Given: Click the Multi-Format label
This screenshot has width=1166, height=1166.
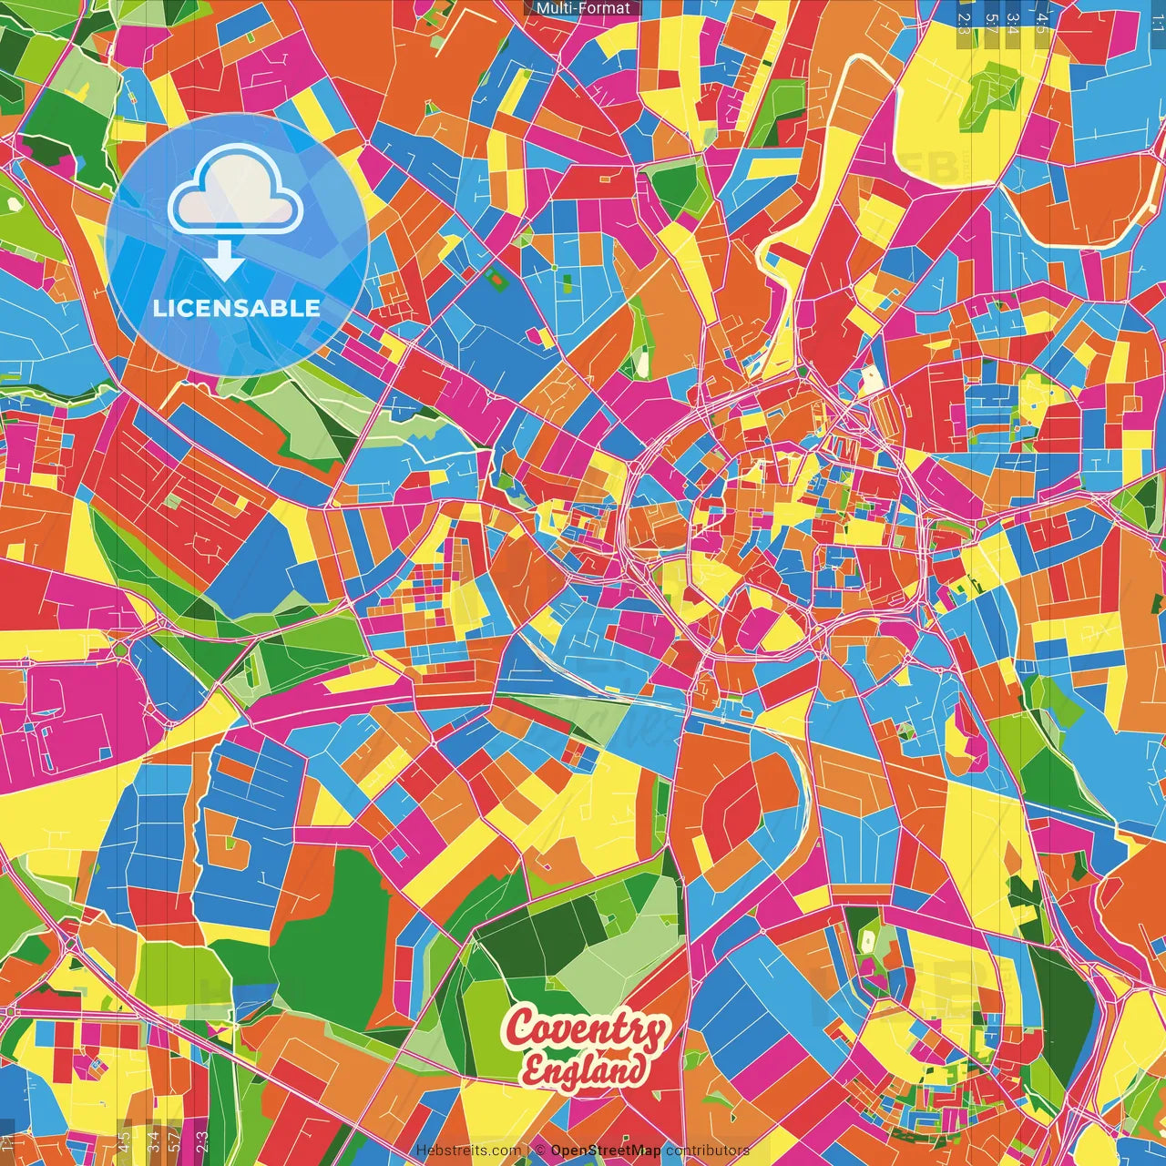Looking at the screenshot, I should [583, 8].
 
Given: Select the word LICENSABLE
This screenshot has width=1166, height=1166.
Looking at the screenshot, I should [237, 308].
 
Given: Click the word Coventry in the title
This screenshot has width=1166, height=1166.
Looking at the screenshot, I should [587, 1028].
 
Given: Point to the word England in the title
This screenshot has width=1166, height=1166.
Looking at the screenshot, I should [585, 1070].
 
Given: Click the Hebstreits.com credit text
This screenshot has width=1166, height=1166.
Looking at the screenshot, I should [468, 1151].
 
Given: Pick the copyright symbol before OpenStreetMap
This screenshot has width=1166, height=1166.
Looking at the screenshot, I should [540, 1151].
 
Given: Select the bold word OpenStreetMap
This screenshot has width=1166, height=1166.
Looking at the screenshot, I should [606, 1151].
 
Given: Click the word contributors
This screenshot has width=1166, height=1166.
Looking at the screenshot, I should [708, 1151].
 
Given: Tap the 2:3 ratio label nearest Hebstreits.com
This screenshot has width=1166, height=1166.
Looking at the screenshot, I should [202, 1141].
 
